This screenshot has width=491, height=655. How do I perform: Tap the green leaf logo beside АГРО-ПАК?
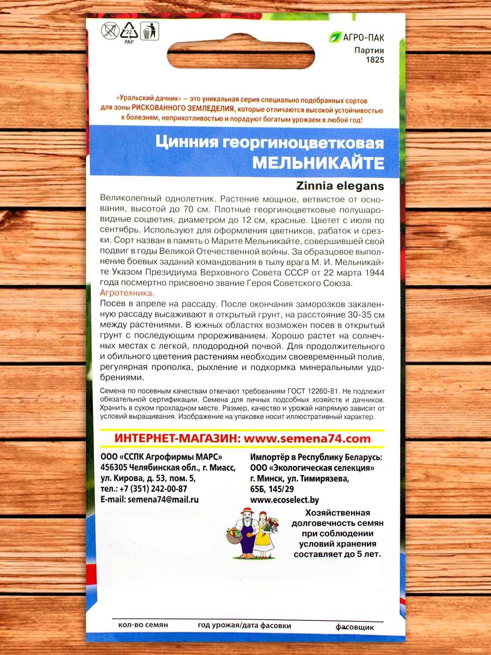336,38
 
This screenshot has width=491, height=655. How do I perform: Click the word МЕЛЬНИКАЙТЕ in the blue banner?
319,163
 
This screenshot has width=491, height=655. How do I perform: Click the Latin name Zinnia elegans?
340,186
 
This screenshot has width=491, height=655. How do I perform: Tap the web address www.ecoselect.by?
285,500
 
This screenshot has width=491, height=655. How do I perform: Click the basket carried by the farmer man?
236,538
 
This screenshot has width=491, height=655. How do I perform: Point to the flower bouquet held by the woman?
272,522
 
